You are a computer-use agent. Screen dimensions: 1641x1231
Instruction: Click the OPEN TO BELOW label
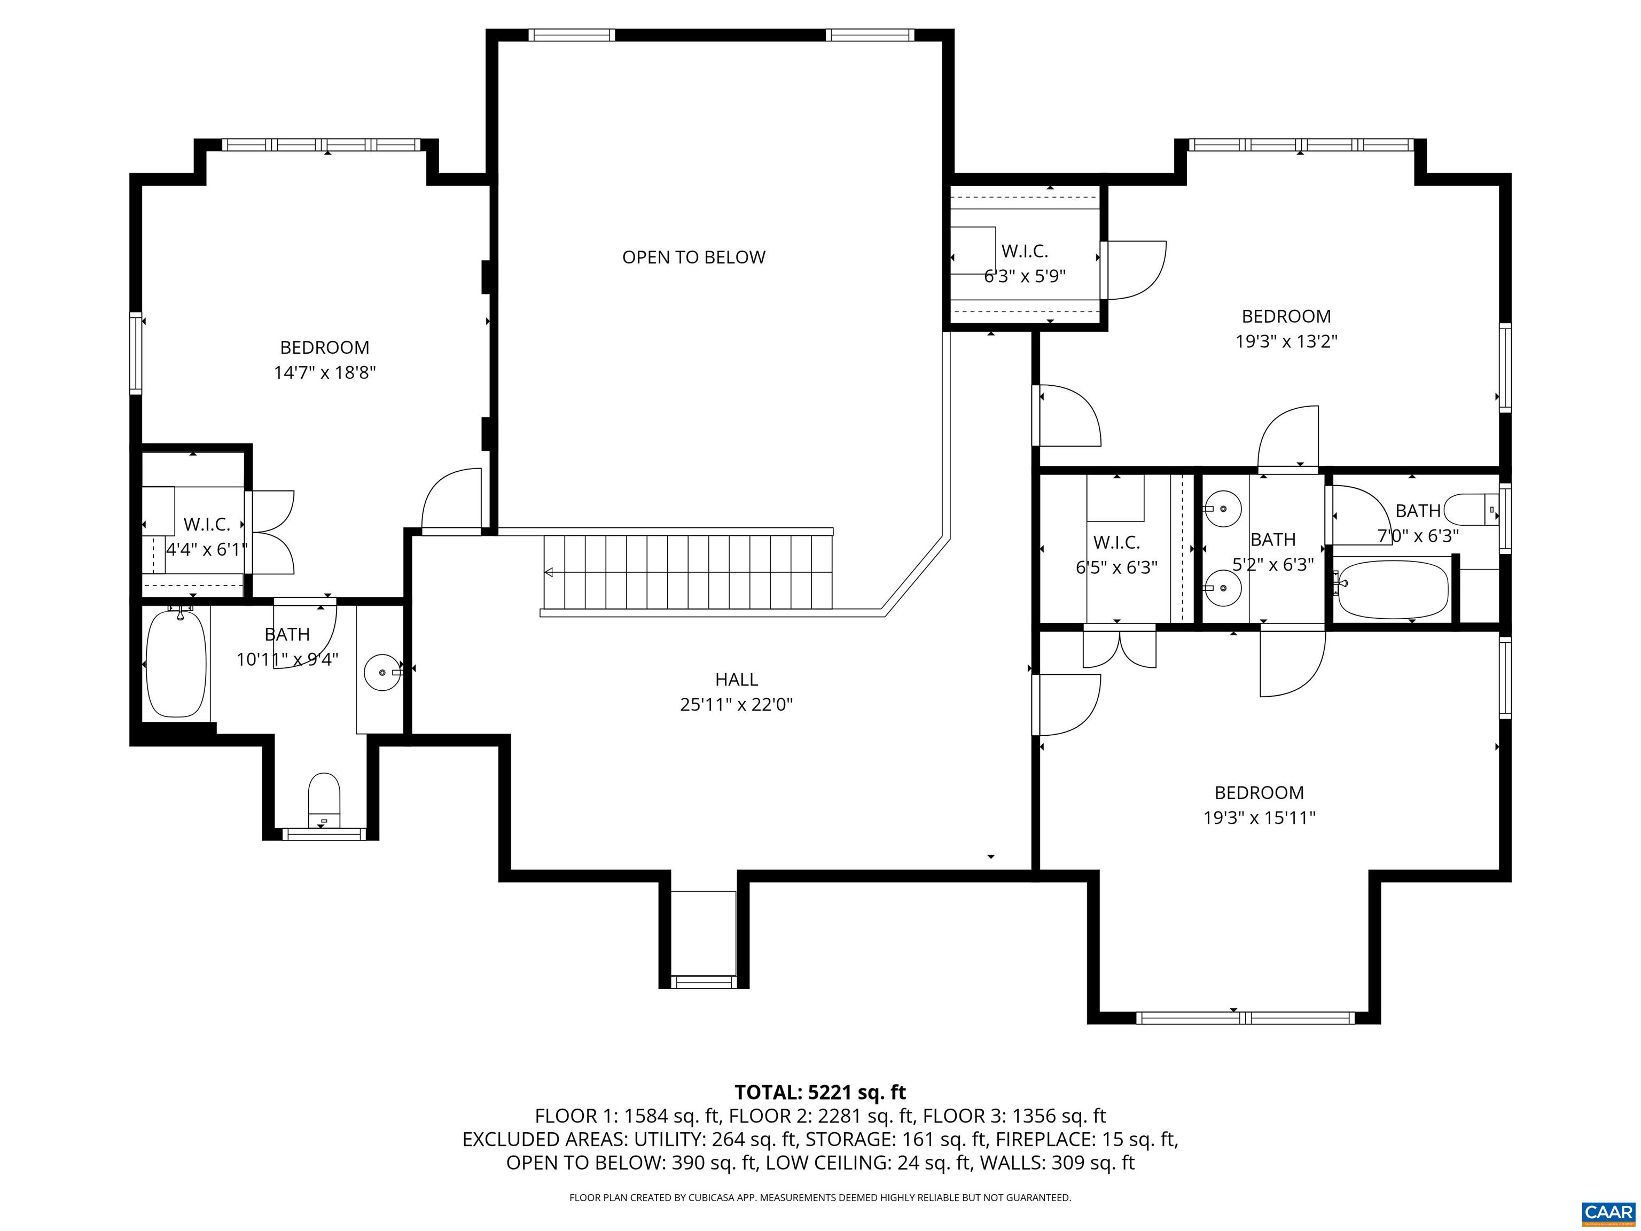(694, 258)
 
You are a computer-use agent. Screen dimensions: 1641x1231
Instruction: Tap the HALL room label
(736, 679)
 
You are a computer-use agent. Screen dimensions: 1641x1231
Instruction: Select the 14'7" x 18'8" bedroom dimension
(325, 372)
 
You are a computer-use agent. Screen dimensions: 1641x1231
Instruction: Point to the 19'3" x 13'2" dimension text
(1286, 341)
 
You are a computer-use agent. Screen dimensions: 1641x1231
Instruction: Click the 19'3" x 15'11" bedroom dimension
(1259, 817)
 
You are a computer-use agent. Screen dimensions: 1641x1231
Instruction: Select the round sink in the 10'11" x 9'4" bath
(383, 672)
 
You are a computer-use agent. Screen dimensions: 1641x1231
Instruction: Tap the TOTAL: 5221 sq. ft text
(820, 1092)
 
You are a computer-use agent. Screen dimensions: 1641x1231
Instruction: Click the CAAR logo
(1608, 1212)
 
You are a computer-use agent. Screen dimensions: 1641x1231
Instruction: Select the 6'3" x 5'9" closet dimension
(1025, 276)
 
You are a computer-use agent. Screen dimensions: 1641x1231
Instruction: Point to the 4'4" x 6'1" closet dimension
(206, 550)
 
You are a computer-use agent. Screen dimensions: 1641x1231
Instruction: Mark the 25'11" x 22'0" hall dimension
(736, 704)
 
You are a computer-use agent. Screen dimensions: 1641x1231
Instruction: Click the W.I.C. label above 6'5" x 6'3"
(1116, 542)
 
